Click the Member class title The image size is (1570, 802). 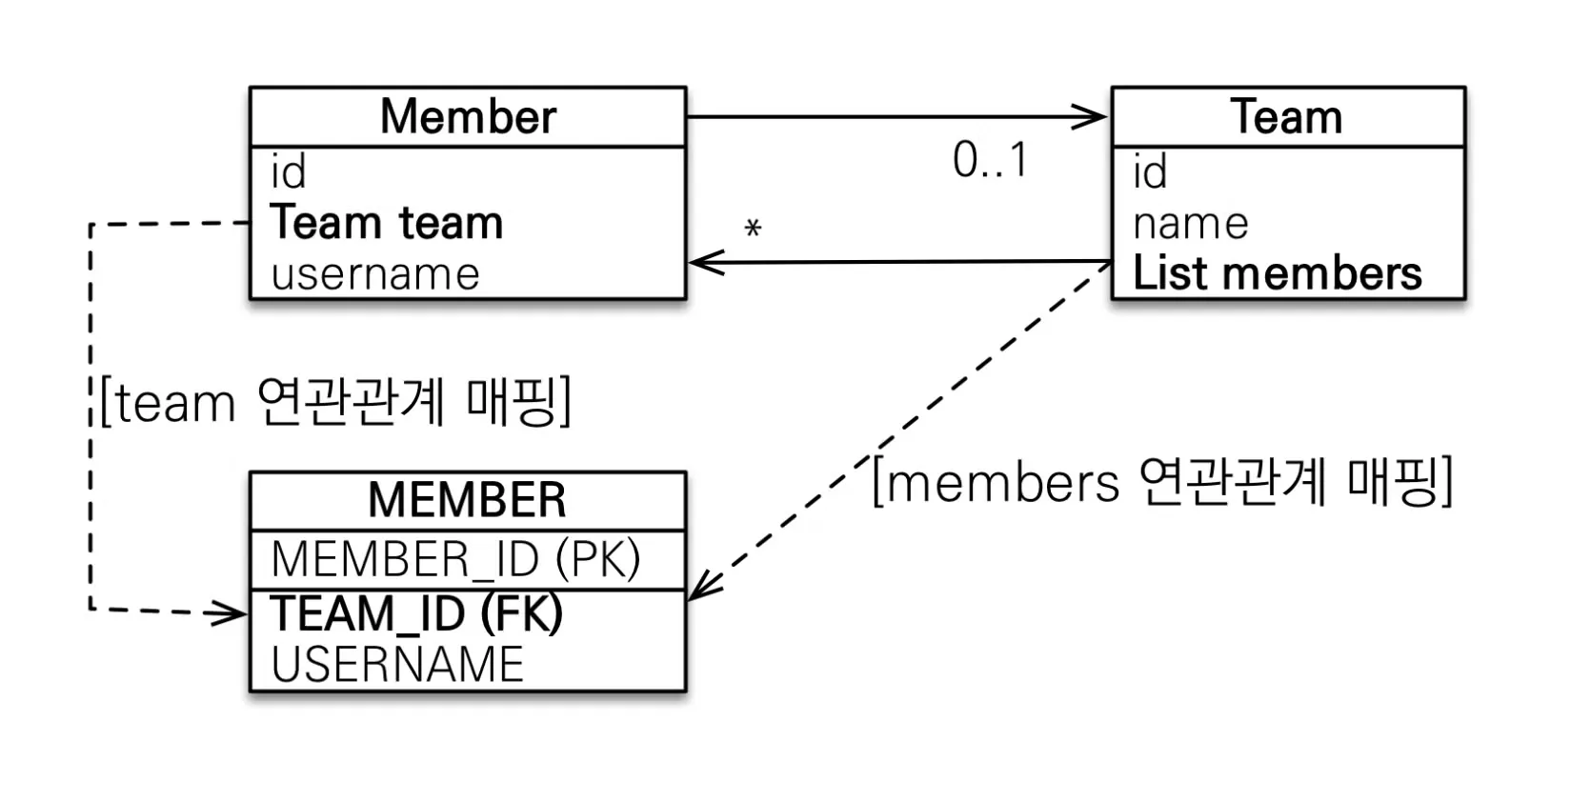[468, 116]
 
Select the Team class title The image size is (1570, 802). [1287, 116]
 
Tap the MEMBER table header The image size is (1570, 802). [467, 500]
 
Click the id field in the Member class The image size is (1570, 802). [288, 171]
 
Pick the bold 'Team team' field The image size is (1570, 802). [387, 222]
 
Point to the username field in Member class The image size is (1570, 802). [375, 274]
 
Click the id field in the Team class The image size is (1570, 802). [1150, 171]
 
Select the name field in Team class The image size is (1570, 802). [1191, 225]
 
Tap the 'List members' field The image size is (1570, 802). [1277, 272]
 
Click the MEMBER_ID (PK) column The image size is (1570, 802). [455, 559]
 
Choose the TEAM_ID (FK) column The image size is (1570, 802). [416, 613]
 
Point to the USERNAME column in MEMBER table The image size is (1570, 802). [397, 664]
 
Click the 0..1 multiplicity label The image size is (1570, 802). [991, 160]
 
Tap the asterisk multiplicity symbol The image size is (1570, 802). [753, 228]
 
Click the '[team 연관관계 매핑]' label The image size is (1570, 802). [335, 402]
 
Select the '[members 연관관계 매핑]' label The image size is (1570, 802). [1163, 482]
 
